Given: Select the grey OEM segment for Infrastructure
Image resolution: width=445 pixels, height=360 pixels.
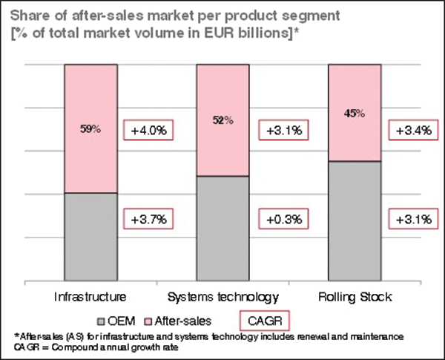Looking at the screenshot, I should coord(90,238).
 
